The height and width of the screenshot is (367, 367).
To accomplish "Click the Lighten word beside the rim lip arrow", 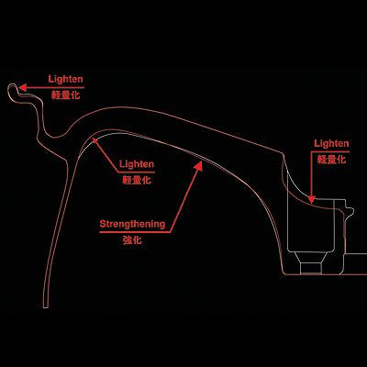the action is point(65,80).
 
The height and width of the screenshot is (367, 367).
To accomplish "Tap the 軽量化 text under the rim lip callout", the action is point(66,95).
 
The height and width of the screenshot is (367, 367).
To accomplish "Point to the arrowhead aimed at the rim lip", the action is point(23,88).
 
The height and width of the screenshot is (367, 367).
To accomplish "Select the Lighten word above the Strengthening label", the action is point(137,164).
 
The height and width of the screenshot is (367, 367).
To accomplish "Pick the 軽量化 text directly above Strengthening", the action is point(137,180).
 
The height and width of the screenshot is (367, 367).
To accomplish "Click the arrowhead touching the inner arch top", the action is point(95,142).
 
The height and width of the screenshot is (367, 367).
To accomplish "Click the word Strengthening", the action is point(132,224).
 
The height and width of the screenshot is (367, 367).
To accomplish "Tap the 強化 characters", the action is point(132,240).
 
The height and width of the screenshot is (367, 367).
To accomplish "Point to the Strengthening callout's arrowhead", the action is point(199,167).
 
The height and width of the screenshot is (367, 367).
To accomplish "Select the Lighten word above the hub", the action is point(331,143).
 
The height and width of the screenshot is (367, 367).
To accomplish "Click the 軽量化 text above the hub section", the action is point(331,159).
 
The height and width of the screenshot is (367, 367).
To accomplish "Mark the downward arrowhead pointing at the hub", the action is point(311,199).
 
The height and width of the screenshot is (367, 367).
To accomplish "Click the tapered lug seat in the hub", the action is point(311,258).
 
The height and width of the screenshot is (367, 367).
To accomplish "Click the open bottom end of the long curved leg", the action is point(46,307).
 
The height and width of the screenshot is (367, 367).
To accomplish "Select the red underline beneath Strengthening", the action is point(135,232).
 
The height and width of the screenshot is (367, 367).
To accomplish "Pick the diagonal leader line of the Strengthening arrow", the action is point(184,199).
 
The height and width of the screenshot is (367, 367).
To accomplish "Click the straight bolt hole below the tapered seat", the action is point(311,269).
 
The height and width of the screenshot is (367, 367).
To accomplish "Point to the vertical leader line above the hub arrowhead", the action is point(311,173).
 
